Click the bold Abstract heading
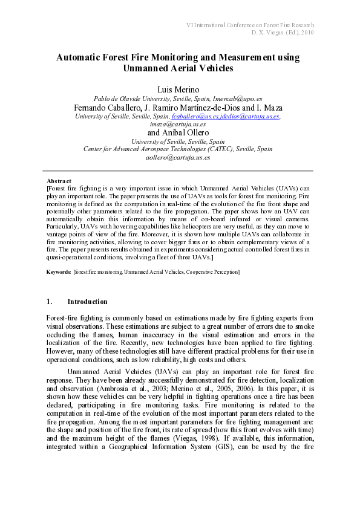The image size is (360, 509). pos(59,181)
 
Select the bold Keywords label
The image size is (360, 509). pos(58,272)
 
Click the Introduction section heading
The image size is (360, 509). pos(87,302)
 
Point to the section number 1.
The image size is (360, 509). pos(50,302)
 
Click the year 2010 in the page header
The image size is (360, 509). pos(307,32)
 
